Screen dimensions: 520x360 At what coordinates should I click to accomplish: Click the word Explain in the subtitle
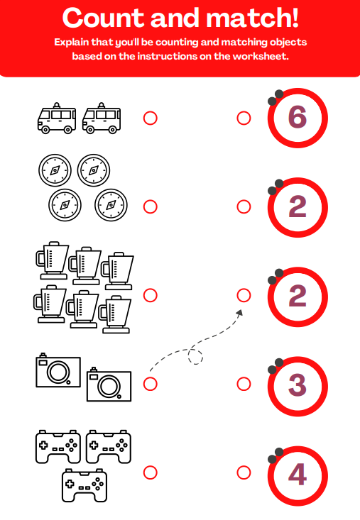[73, 43]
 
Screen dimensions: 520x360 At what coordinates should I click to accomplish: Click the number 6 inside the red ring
[298, 117]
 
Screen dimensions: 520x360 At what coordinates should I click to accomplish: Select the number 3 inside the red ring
[298, 384]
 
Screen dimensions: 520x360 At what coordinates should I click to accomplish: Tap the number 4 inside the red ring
[298, 473]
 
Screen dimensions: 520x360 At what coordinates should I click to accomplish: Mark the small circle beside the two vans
[150, 118]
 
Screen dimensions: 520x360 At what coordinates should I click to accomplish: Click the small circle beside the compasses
[150, 206]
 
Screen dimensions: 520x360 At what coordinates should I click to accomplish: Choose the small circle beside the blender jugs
[150, 295]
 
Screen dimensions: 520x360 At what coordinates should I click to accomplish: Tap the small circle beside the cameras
[150, 384]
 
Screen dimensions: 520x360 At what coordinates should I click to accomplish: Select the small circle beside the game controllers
[150, 472]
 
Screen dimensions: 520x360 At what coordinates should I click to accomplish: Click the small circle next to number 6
[244, 118]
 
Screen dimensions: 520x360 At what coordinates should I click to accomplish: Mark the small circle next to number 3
[244, 384]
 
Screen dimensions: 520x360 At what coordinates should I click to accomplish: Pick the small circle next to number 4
[244, 472]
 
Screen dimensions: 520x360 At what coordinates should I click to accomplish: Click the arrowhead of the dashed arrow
[239, 312]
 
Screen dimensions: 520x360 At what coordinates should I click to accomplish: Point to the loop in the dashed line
[195, 357]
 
